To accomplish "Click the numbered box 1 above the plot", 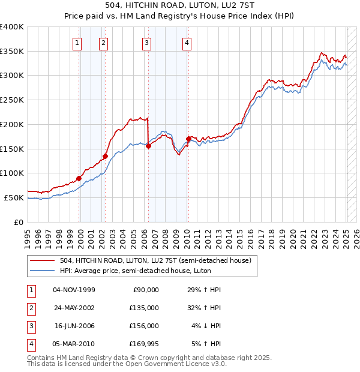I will [x=78, y=43].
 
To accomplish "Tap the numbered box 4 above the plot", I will [x=187, y=43].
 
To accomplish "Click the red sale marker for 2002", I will [x=105, y=156].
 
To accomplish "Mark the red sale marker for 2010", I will [x=188, y=139].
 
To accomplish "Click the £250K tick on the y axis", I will [x=12, y=100].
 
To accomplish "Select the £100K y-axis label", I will [x=12, y=173].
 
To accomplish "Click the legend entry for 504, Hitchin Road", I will [x=158, y=260].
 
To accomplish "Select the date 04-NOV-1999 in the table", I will [x=74, y=290].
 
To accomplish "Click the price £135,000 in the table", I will [x=145, y=308].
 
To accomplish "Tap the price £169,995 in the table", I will [x=145, y=344].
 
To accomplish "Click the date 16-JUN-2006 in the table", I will [x=74, y=326].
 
